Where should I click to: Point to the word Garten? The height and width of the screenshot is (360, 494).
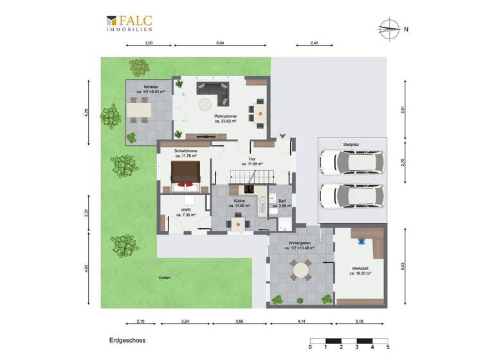(x=165, y=278)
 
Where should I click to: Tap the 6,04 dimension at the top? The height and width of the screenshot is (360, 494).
(x=219, y=43)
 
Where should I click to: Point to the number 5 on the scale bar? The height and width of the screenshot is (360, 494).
(x=388, y=348)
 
